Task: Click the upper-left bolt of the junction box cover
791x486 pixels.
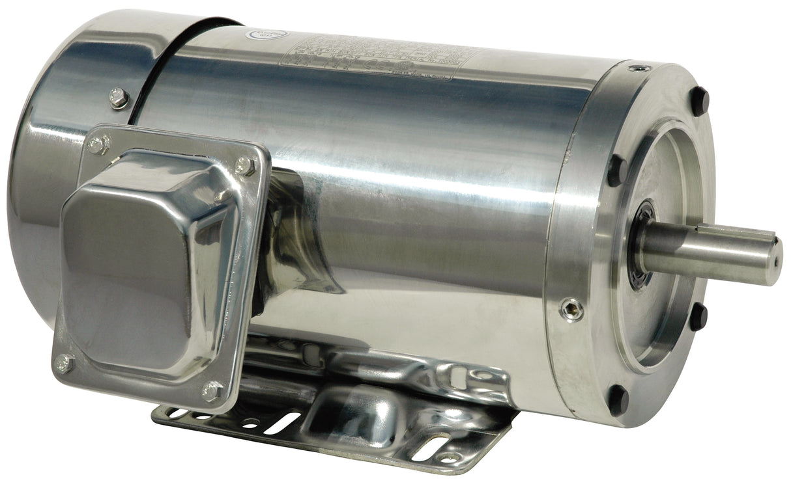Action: click(x=98, y=144)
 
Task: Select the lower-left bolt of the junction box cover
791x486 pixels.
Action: click(x=64, y=363)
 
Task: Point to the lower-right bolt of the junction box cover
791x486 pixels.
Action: click(x=212, y=391)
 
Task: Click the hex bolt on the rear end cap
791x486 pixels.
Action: click(x=119, y=98)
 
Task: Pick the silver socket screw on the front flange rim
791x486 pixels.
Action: click(x=571, y=310)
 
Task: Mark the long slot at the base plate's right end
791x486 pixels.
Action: click(x=430, y=448)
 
